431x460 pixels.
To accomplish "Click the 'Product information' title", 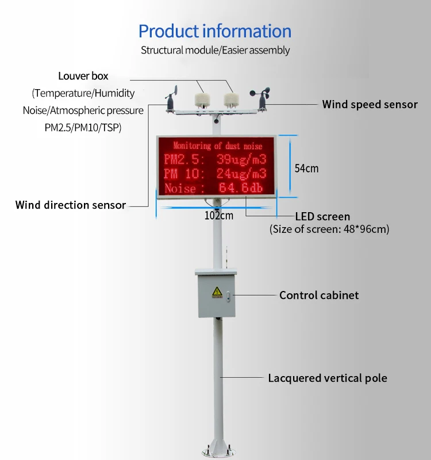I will click(215, 30).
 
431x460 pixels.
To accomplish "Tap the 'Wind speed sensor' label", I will click(370, 105).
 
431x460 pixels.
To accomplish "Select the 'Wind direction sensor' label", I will click(70, 205).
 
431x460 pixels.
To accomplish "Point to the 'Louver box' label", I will click(83, 76).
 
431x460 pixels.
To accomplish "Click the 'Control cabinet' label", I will click(319, 295).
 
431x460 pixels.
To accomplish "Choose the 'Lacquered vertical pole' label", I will click(328, 378).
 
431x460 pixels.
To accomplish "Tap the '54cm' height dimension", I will click(306, 168).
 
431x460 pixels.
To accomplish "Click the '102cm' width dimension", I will click(219, 216).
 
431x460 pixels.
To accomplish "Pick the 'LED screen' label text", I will click(322, 217).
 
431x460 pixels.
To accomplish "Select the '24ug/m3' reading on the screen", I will click(241, 174).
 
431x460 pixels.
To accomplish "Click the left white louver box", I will click(201, 95).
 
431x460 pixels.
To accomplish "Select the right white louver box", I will click(230, 95).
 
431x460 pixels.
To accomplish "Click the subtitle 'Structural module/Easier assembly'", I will click(215, 50).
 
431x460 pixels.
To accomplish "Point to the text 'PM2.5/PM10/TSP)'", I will click(83, 126).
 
